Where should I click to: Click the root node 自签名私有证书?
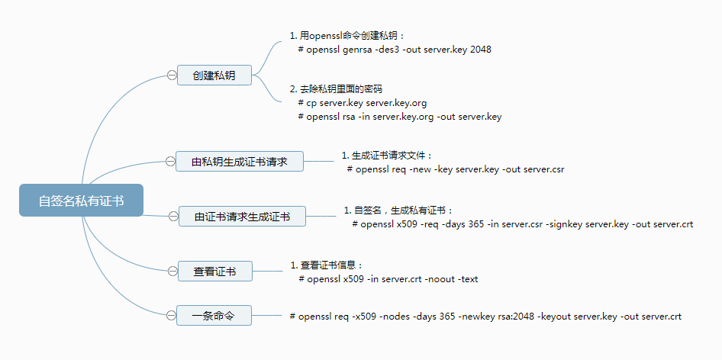(81, 201)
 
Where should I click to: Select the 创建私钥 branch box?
(214, 75)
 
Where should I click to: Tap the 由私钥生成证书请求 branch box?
(240, 162)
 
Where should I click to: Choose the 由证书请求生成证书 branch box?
(242, 217)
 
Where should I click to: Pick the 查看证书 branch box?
(214, 271)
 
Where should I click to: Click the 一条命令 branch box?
(214, 314)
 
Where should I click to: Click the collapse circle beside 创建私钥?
(171, 75)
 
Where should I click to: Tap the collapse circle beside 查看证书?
(171, 271)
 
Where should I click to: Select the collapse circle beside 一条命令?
(171, 314)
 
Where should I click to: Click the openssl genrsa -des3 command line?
(395, 50)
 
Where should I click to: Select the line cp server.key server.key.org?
(362, 103)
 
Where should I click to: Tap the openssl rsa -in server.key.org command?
(399, 117)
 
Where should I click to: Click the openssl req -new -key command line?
(455, 169)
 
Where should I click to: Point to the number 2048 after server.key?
(481, 50)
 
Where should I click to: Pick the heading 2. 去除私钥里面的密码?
(336, 89)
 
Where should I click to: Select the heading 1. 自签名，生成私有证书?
(398, 210)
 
